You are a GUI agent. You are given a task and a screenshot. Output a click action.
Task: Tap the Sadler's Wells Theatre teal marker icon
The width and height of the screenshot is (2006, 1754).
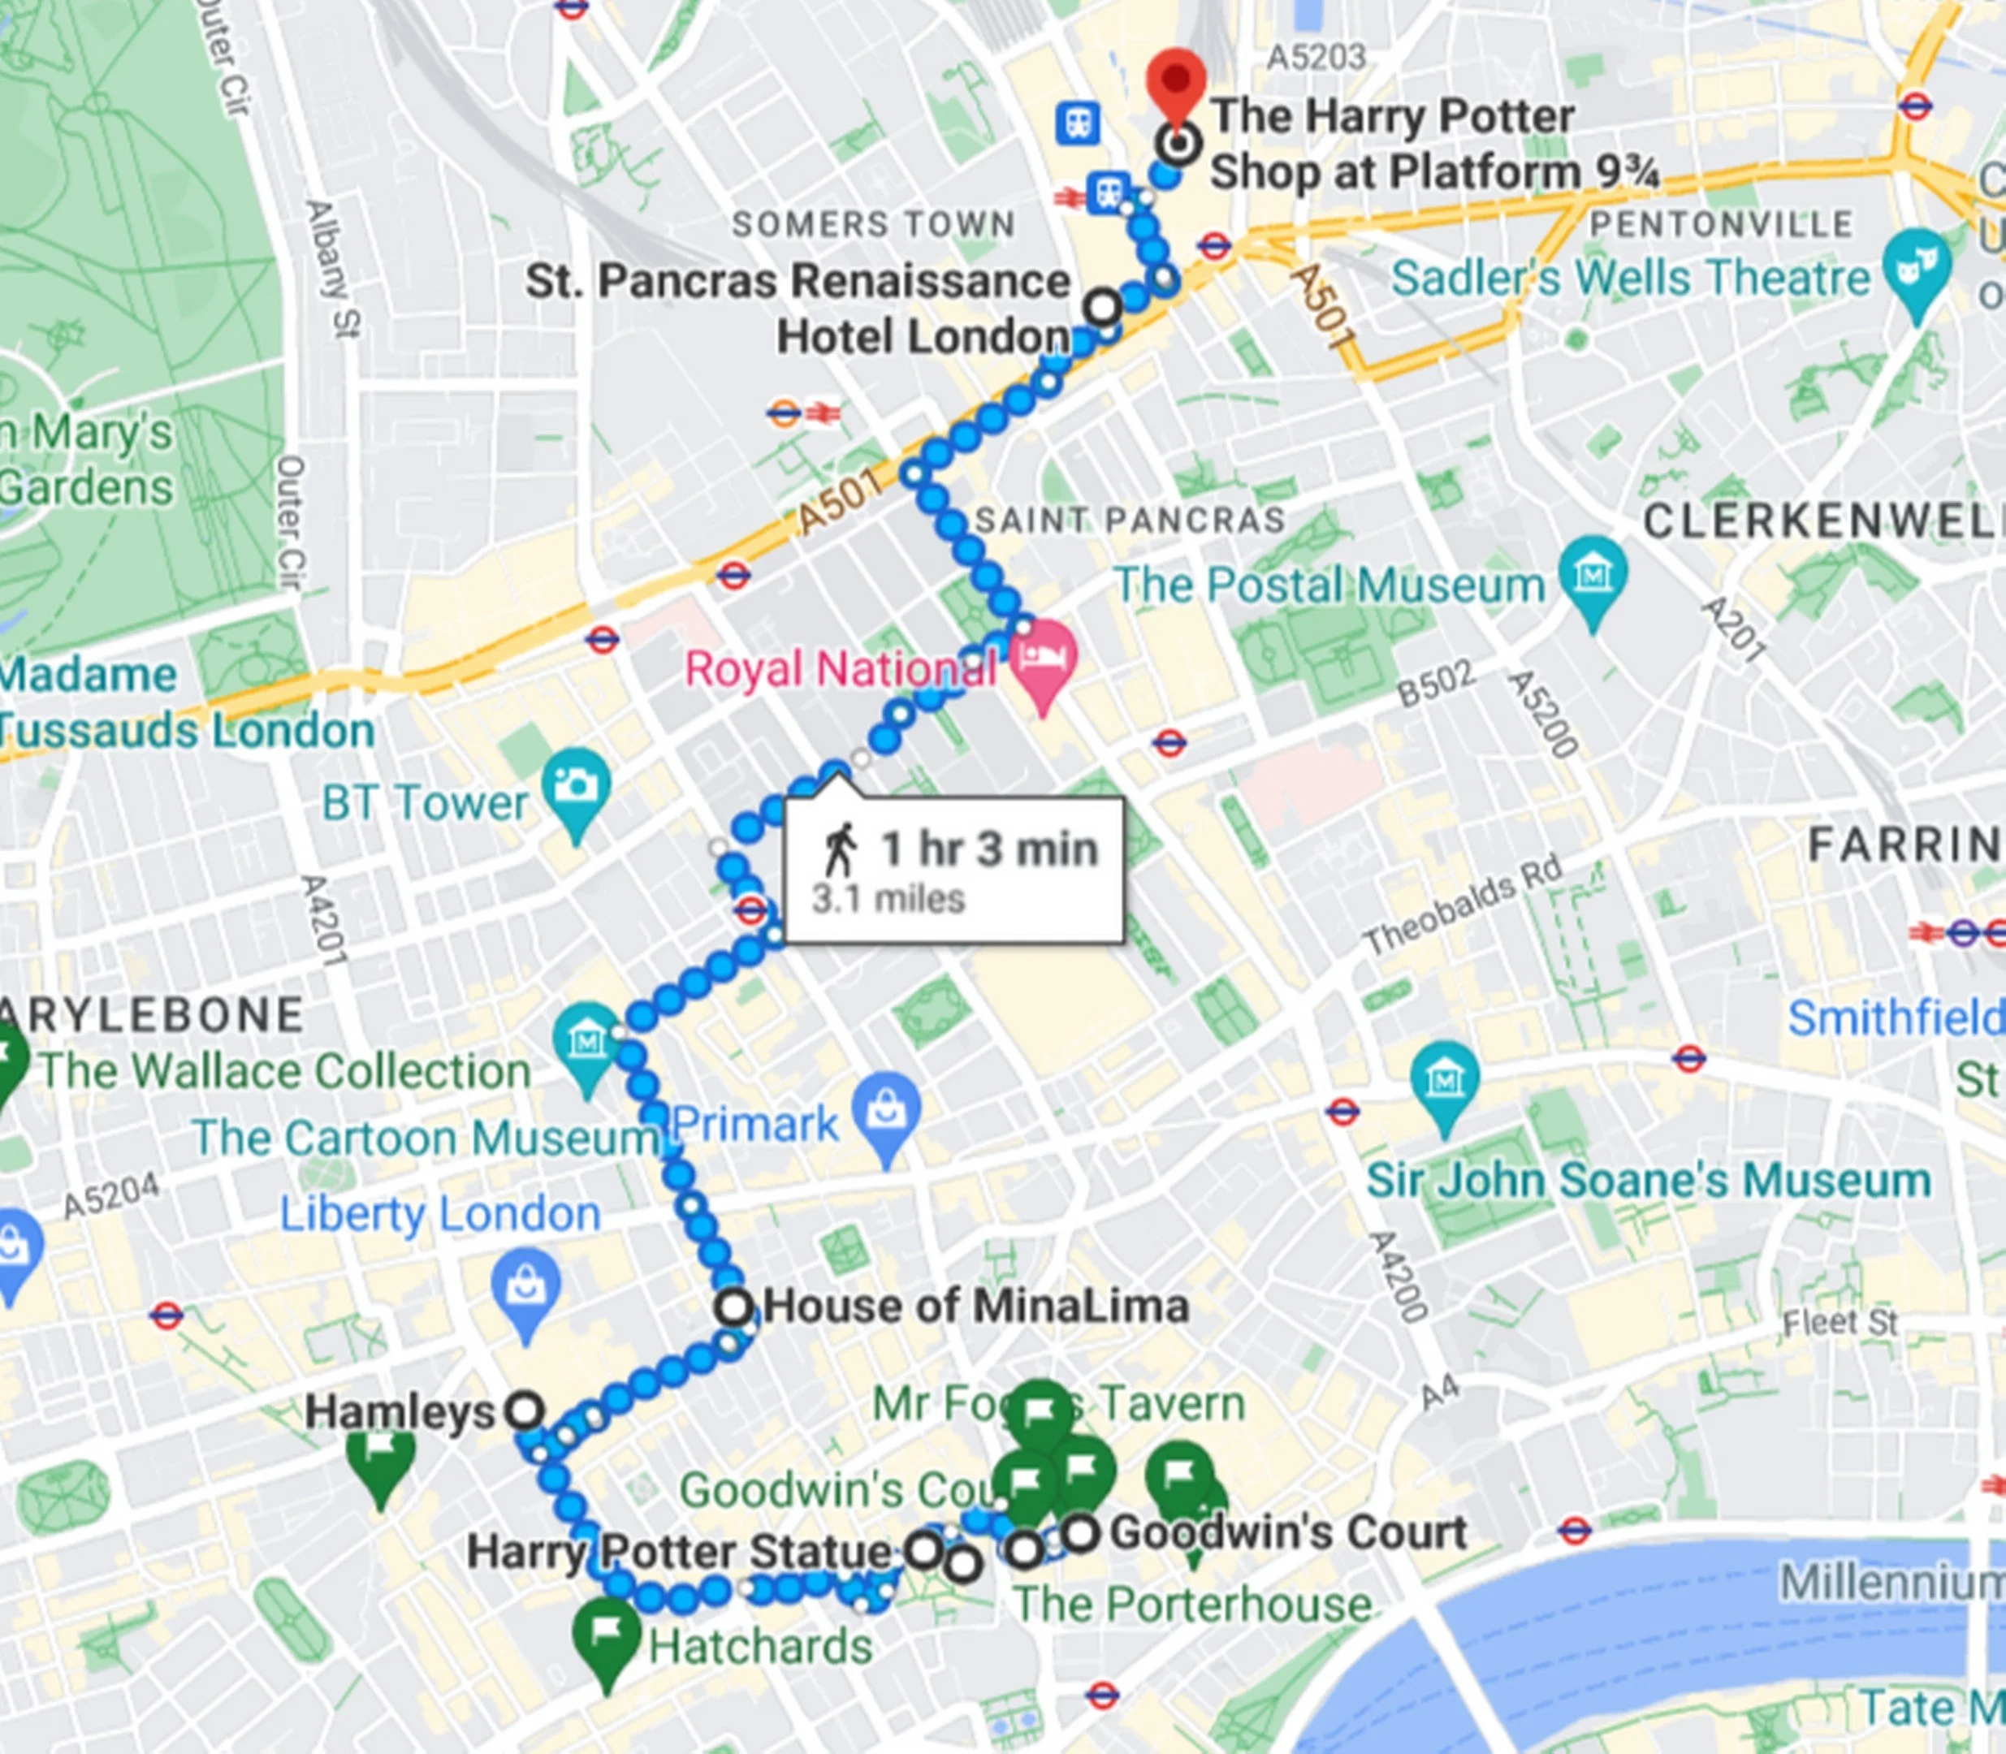tap(1916, 266)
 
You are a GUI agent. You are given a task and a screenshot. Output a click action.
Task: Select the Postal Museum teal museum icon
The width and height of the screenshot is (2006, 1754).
tap(1593, 572)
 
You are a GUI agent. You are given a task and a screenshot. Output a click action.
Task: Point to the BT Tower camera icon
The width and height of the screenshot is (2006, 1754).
tap(577, 786)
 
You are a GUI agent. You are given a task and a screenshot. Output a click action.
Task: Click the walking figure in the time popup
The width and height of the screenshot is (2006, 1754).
tap(839, 849)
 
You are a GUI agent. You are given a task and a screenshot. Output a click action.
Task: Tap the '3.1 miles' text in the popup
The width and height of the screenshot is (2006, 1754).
tap(888, 899)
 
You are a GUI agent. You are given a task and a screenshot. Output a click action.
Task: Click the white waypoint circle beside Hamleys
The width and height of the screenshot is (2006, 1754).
tap(525, 1411)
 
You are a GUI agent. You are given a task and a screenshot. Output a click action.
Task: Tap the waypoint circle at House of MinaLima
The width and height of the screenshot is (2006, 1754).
tap(733, 1307)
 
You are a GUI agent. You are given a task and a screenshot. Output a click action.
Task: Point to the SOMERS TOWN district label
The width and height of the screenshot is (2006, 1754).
tap(873, 224)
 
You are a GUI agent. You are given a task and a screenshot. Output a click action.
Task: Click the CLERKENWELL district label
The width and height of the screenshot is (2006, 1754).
tap(1821, 521)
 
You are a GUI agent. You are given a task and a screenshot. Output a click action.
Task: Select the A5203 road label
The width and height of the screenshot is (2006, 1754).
tap(1315, 58)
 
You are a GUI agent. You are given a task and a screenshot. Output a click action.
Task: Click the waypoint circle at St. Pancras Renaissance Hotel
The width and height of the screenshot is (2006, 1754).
tap(1104, 306)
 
